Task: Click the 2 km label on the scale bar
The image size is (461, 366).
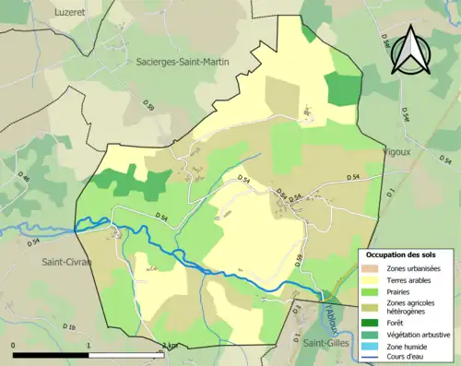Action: [x=169, y=345]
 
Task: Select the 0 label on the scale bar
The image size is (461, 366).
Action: [x=14, y=345]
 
